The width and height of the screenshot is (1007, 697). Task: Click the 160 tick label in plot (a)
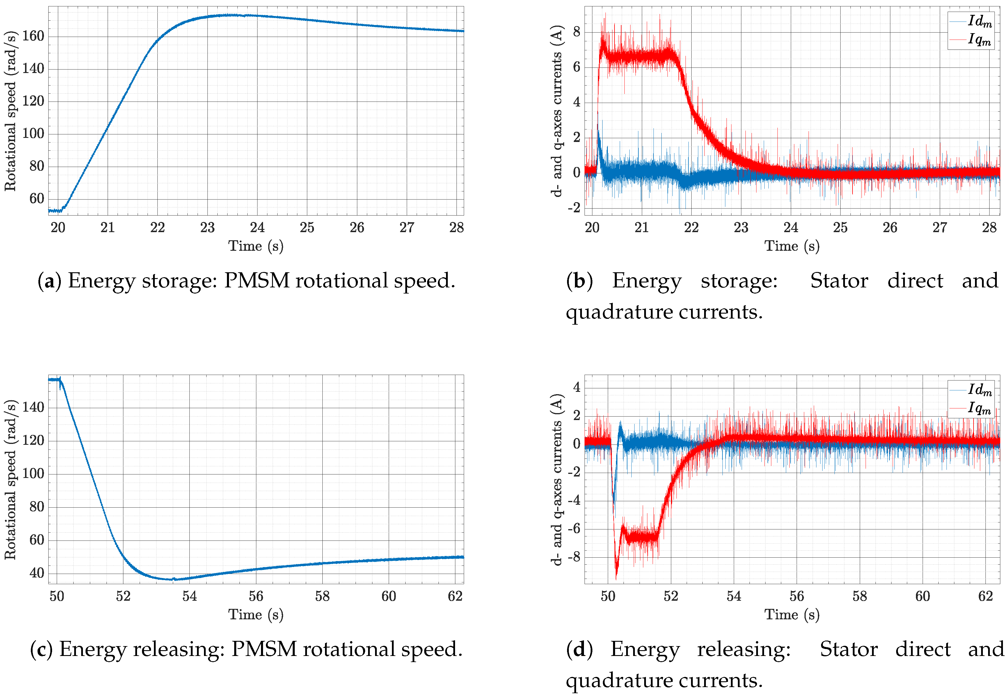click(33, 36)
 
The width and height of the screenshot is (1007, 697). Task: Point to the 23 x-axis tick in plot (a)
click(207, 227)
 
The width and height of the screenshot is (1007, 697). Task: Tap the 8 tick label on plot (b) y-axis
click(576, 32)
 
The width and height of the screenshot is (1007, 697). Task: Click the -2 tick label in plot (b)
click(574, 208)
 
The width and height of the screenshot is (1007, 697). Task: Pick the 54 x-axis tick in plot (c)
click(189, 596)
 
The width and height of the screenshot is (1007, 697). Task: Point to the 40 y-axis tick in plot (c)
click(37, 573)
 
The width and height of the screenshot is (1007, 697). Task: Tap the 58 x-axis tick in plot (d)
click(859, 596)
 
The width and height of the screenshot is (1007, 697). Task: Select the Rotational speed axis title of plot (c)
click(10, 479)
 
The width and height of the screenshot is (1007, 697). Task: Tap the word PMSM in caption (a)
click(257, 281)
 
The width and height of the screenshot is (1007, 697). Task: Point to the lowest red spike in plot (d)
click(616, 578)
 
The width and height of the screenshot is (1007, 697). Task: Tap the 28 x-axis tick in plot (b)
click(989, 227)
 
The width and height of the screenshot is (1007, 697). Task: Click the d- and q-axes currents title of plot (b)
click(557, 111)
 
